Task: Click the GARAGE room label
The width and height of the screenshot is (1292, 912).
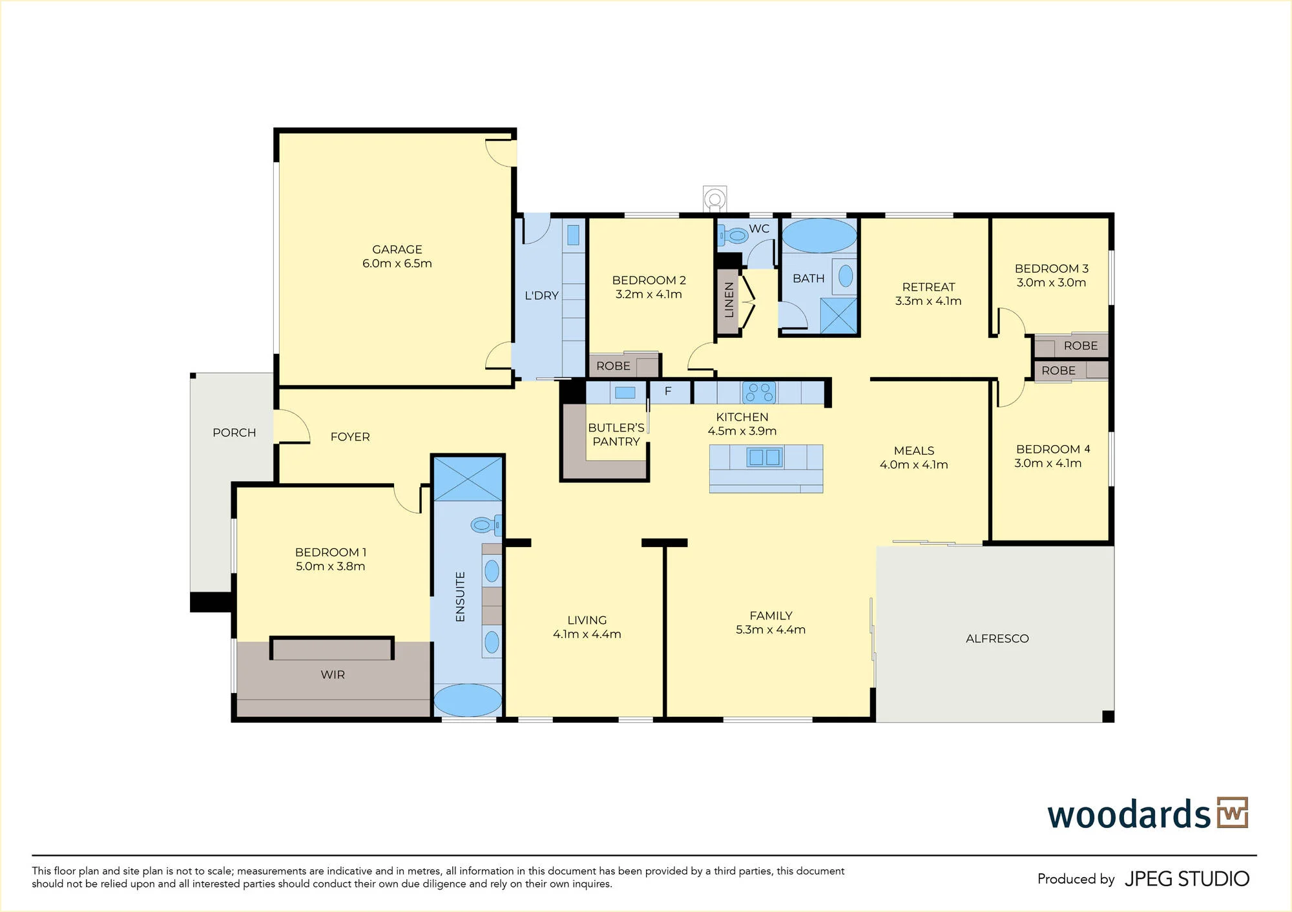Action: click(397, 249)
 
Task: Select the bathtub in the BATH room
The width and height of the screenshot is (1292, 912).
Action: click(820, 236)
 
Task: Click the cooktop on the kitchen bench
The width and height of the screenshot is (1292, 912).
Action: click(759, 392)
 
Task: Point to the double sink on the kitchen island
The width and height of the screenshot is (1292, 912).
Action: click(765, 457)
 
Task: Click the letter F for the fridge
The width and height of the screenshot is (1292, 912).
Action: click(668, 391)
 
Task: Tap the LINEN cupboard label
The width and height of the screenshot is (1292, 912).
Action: click(729, 300)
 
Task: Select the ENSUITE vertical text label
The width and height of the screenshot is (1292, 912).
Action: click(460, 597)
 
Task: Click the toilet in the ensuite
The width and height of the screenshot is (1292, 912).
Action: click(486, 524)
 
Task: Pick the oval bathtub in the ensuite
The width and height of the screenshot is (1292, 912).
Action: click(468, 700)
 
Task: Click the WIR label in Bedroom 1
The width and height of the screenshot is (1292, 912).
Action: click(333, 674)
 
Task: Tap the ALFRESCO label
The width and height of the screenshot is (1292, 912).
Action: click(997, 638)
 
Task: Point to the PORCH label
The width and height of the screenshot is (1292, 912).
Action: click(234, 433)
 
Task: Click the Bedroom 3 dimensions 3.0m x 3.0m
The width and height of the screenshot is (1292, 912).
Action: click(1051, 282)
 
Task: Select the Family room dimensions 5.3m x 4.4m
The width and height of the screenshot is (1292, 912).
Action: click(771, 630)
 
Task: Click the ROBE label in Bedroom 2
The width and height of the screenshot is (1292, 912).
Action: click(613, 366)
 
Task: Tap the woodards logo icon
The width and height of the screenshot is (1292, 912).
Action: click(1233, 813)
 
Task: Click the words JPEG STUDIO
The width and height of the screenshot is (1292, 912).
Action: click(1187, 879)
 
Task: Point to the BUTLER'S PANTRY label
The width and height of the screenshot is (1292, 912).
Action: click(616, 435)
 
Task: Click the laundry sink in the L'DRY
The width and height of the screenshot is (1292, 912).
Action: click(573, 234)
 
